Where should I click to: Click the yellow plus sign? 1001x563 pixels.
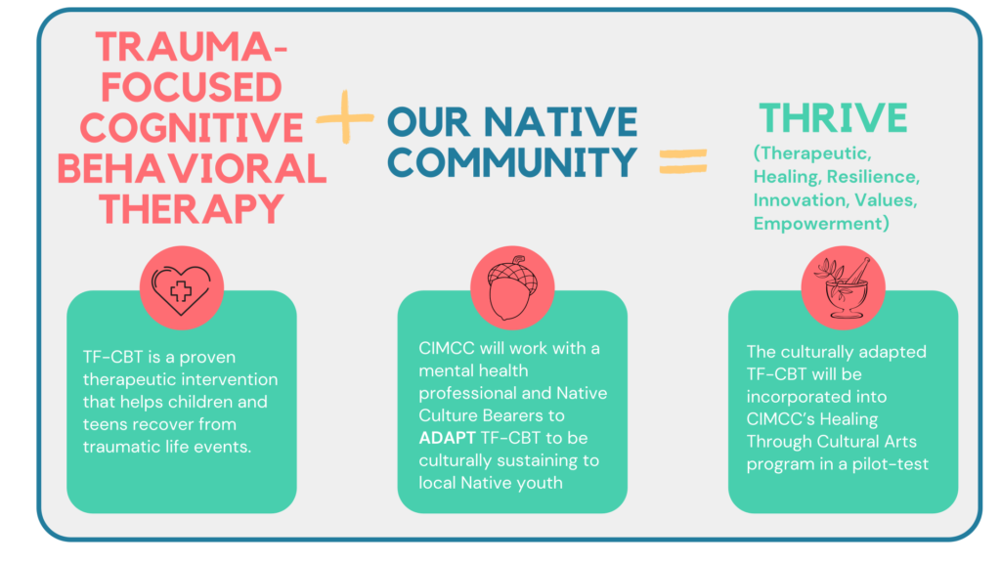tap(345, 117)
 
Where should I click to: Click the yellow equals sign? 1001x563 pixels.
tap(683, 161)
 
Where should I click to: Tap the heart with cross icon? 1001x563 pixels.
tap(181, 289)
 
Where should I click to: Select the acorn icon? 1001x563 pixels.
tap(512, 288)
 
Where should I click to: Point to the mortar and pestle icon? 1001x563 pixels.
tap(843, 287)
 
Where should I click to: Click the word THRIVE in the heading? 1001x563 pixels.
tap(833, 118)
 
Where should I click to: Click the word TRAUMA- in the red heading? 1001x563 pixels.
tap(192, 47)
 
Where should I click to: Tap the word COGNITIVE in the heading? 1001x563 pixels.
tap(192, 127)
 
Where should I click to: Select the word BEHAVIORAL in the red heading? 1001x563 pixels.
tap(192, 168)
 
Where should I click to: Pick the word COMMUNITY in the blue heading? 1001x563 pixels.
tap(512, 162)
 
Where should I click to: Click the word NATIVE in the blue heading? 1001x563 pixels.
tap(560, 122)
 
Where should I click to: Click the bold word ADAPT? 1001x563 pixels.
tap(447, 438)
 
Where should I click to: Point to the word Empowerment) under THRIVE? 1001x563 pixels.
tap(821, 224)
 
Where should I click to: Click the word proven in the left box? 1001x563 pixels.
tap(207, 358)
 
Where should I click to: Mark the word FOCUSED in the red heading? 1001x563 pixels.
tap(192, 87)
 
